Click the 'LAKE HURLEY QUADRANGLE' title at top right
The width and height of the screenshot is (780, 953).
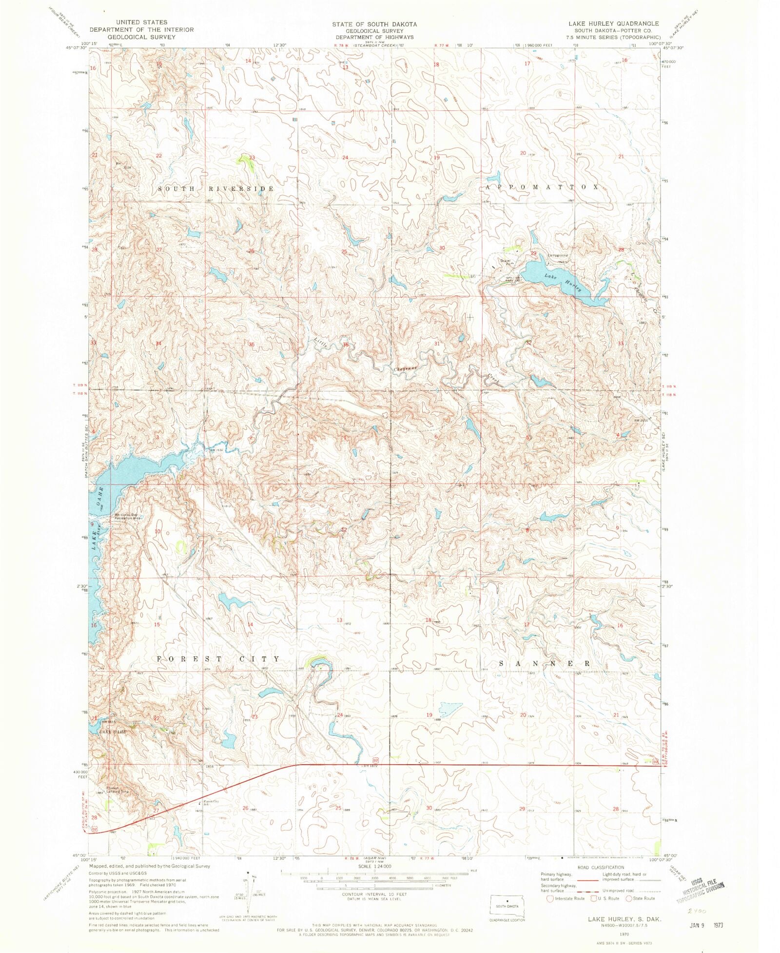click(613, 23)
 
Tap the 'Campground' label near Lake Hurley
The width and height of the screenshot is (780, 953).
click(558, 255)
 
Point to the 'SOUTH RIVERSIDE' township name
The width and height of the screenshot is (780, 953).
click(215, 188)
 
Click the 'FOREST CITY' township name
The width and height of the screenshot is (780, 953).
click(218, 659)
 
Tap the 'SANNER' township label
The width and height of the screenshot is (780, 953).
click(545, 664)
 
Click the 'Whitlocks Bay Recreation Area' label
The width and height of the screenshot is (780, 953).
click(127, 516)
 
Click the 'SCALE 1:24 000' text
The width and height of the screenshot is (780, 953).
click(374, 866)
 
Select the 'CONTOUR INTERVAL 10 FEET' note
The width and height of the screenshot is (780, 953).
click(374, 894)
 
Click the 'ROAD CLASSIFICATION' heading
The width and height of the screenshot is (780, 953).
click(600, 867)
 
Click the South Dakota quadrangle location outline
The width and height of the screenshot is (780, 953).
click(507, 905)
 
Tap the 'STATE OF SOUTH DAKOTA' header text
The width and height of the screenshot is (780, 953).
click(374, 24)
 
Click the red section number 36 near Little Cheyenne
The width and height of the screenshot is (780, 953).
click(346, 345)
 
